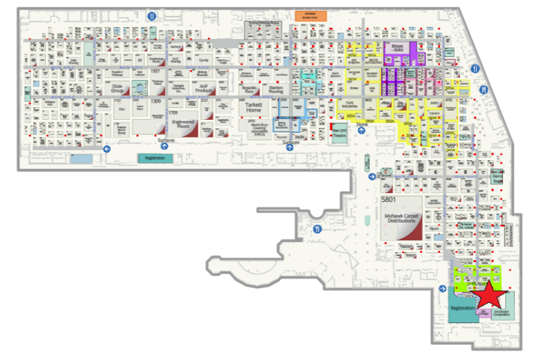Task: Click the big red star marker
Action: pos(490,296)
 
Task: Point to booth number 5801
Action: pos(388,199)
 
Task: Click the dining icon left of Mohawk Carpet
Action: pos(318,229)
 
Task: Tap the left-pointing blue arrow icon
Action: pos(107,149)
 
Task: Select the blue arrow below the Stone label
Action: pos(362,131)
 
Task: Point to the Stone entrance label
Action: pos(361,123)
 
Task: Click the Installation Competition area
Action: pos(501,311)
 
